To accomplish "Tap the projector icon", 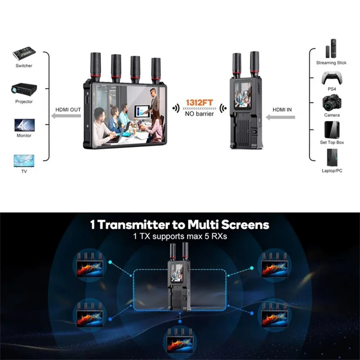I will tap(24, 89).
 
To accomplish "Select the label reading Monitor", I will tap(24, 135).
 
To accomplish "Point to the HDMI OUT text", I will tap(68, 109).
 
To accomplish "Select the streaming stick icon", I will tap(333, 48).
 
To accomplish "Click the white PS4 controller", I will tap(331, 78).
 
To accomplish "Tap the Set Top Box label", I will tap(332, 142).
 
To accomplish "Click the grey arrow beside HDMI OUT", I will tap(67, 117).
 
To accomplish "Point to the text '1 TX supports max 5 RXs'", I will tap(180, 236).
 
